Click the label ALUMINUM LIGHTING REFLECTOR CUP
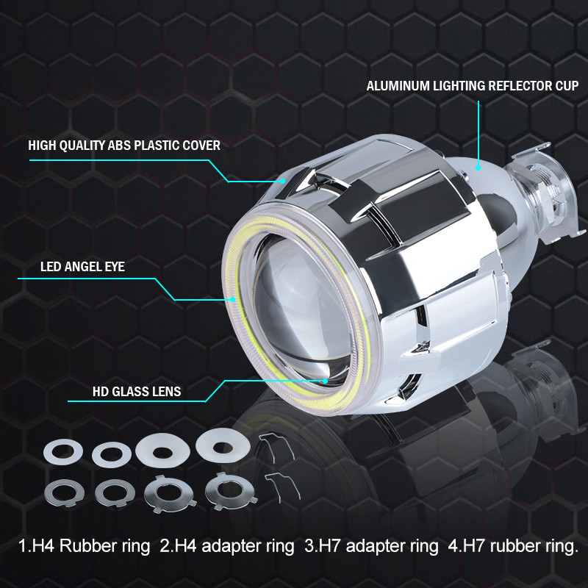[x=473, y=86]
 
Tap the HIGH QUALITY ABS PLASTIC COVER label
[x=124, y=146]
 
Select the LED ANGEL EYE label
[x=82, y=267]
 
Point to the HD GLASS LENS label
[x=137, y=392]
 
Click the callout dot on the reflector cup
[x=478, y=168]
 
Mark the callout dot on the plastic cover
[x=283, y=181]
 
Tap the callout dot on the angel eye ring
[x=233, y=299]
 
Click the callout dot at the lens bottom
[x=325, y=381]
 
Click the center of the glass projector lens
[x=300, y=304]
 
